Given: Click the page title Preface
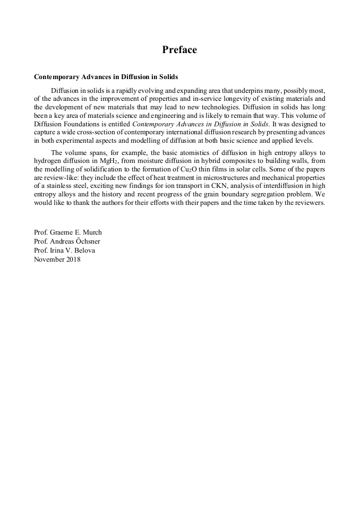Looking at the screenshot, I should (179, 50).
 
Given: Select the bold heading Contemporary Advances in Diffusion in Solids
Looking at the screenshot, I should (106, 77).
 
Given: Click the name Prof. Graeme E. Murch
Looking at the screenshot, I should (67, 232).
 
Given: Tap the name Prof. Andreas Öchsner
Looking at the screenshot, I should (67, 241).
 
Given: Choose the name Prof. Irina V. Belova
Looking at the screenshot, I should (64, 251).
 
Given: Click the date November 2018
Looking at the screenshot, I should (57, 260).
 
